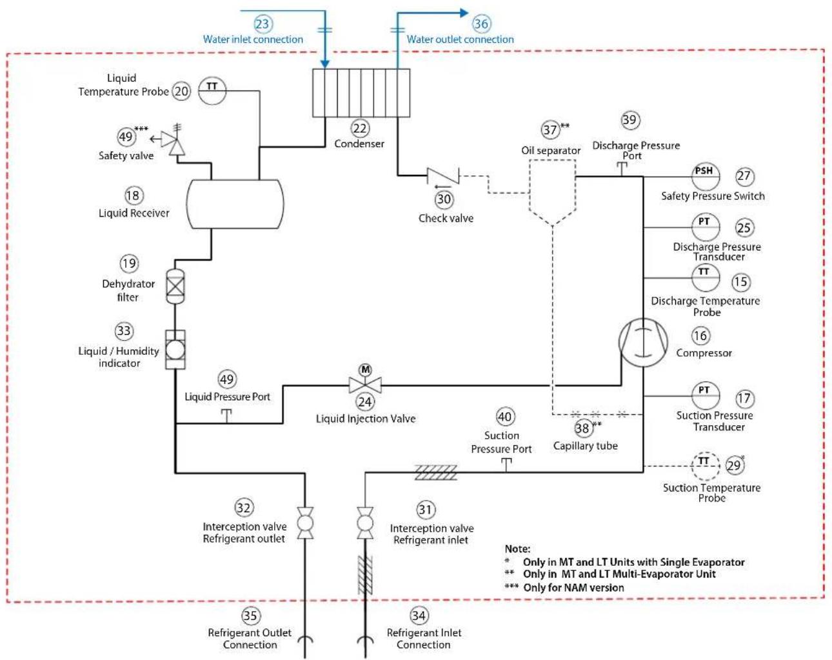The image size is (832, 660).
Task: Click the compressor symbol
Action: [x=643, y=343]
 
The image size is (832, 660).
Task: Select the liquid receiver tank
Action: [x=235, y=204]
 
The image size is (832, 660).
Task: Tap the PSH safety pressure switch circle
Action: [x=706, y=176]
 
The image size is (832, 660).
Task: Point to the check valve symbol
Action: [x=443, y=176]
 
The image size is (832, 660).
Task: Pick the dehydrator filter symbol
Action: [x=175, y=286]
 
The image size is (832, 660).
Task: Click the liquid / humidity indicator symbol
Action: [x=175, y=349]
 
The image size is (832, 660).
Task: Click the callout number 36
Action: [x=481, y=24]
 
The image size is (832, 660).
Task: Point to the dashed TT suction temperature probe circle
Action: [x=706, y=466]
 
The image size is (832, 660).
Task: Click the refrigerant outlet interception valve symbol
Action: [x=305, y=523]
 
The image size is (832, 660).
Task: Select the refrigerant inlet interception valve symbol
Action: [x=365, y=523]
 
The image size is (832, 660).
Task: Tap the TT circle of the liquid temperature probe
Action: [x=212, y=91]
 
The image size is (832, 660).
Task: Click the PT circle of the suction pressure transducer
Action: [x=706, y=395]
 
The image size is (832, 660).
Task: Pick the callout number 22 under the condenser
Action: [x=360, y=128]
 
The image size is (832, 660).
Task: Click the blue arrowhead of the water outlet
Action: [x=464, y=13]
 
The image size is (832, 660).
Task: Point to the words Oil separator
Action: [x=551, y=150]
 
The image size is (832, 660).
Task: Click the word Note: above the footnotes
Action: [x=517, y=548]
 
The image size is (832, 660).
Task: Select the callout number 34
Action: [x=419, y=615]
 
